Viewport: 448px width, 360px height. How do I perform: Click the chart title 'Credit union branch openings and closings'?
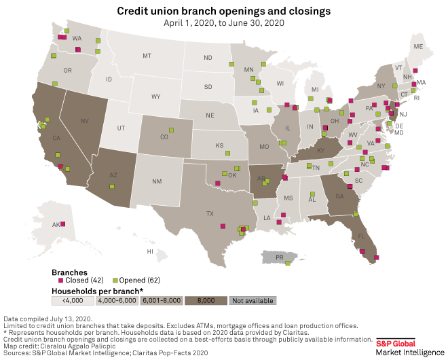224,11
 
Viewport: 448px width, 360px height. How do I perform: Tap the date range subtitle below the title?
224,22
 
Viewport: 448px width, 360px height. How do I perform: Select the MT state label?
147,56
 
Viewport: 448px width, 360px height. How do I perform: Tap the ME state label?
418,46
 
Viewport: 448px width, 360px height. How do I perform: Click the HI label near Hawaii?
150,251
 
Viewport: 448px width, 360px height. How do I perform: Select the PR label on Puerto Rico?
278,257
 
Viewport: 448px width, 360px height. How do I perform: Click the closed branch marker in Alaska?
62,224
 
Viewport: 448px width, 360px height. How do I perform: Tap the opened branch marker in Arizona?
112,186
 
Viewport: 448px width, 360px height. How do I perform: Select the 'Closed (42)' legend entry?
79,280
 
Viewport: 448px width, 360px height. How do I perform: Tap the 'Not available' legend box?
252,300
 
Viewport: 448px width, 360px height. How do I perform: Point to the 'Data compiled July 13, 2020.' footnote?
48,319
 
